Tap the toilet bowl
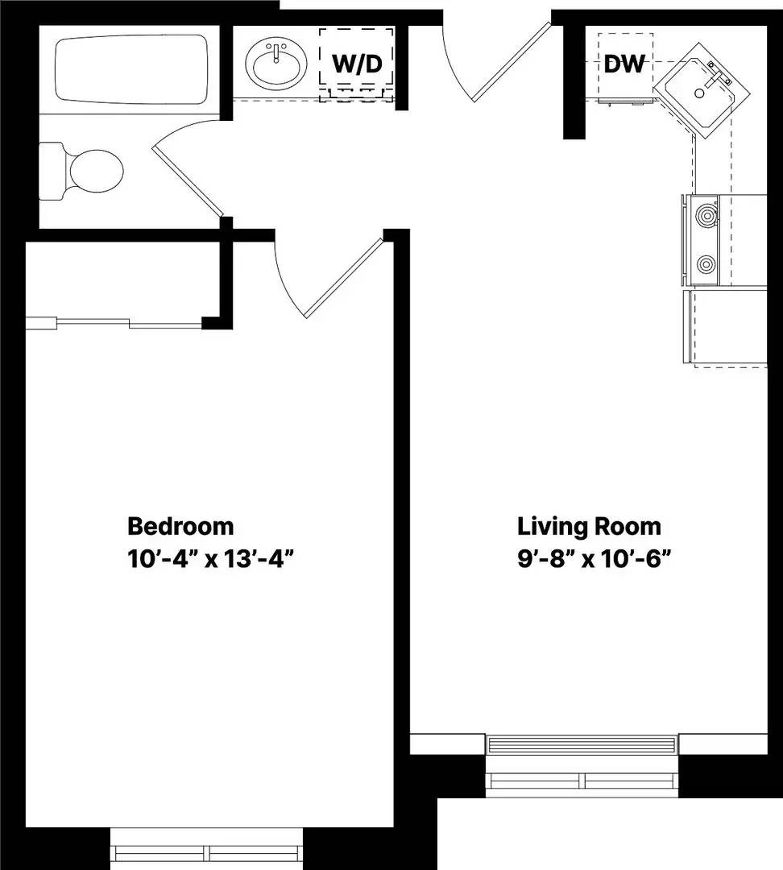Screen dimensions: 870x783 coord(95,171)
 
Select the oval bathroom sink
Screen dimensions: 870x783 coord(277,65)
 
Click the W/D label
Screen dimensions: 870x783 coord(357,64)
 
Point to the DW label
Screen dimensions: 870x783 coord(624,64)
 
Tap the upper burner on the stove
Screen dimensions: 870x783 coord(706,215)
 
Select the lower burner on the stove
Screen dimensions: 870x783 coord(706,263)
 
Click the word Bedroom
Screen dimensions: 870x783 coord(180,526)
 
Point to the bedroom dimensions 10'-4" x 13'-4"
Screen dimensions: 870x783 coord(209,558)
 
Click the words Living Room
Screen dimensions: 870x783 coord(589,526)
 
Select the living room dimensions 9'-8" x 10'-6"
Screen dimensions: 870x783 coord(594,558)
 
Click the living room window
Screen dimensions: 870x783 coord(584,761)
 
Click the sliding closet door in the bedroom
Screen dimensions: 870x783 coord(121,324)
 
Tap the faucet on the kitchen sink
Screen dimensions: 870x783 coord(718,77)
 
